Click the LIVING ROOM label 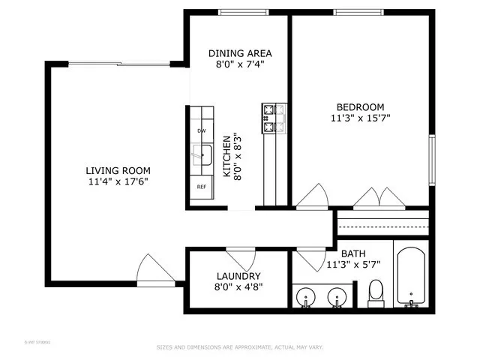[x=118, y=170]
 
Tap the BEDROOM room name [x=360, y=107]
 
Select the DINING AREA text [x=240, y=53]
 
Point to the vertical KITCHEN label [x=226, y=155]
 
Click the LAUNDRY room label [x=238, y=276]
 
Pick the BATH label [x=352, y=253]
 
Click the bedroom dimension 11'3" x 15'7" [x=360, y=118]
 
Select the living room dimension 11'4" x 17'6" [x=118, y=181]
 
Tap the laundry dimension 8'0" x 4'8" [x=238, y=286]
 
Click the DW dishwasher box [x=201, y=131]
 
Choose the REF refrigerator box [x=201, y=187]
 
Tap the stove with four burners [x=274, y=117]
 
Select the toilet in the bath [x=376, y=293]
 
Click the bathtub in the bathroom [x=410, y=277]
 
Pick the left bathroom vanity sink [x=306, y=298]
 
